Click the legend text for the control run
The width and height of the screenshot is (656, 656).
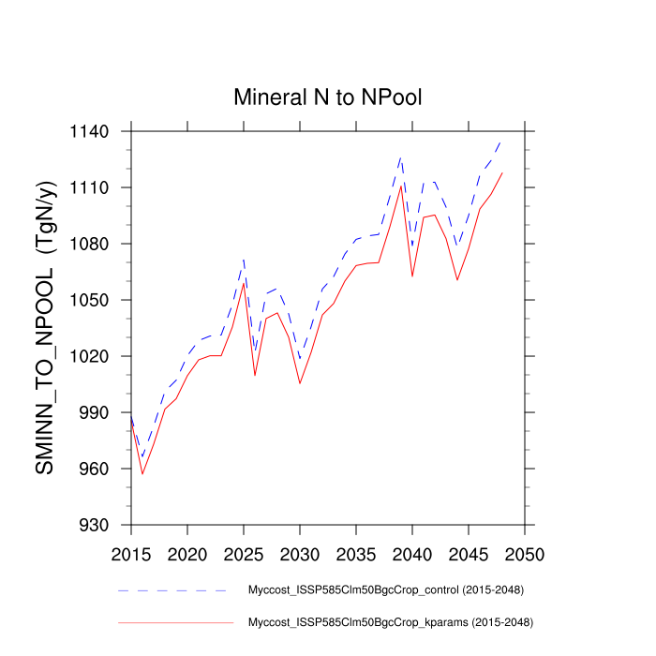coord(385,590)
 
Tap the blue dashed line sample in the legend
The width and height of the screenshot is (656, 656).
coord(172,590)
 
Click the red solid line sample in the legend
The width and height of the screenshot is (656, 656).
coord(174,621)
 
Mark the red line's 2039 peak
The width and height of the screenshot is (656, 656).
coord(401,186)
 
